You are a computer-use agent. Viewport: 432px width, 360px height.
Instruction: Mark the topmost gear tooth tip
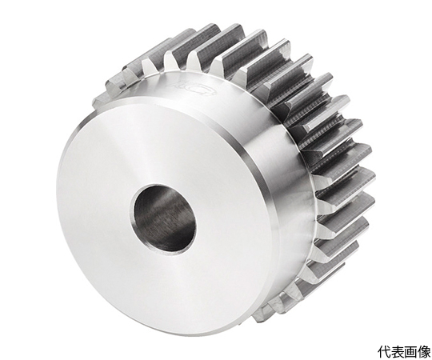[x=210, y=30]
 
